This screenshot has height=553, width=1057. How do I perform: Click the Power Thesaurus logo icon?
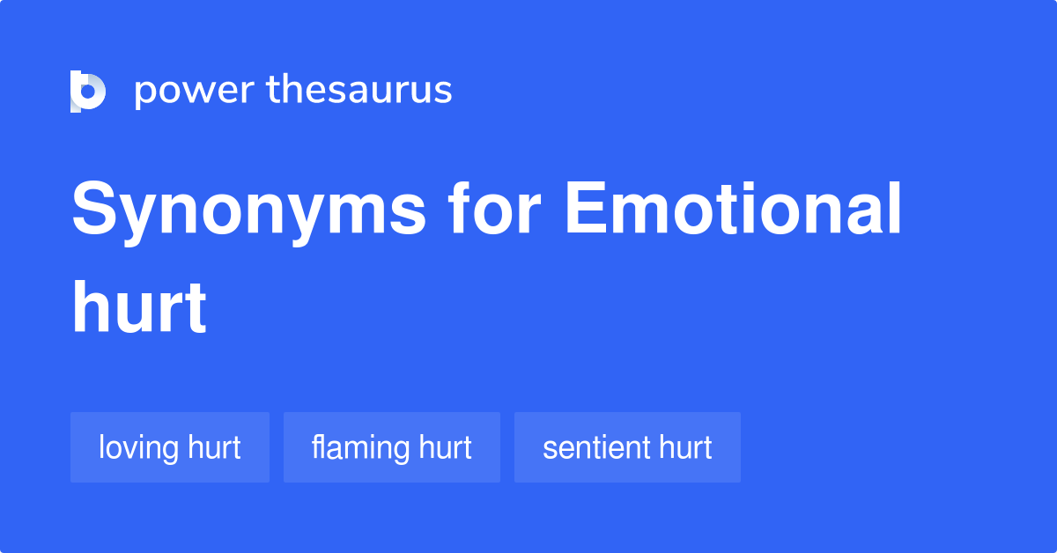(88, 92)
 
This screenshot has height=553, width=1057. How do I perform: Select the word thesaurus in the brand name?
(359, 90)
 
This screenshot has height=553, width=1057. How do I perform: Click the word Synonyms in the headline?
(248, 211)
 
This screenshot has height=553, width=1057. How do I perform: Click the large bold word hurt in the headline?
(139, 308)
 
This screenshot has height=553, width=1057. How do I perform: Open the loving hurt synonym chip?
(170, 447)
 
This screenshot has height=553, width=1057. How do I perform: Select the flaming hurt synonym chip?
(392, 447)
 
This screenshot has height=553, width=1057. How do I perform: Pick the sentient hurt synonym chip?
(627, 447)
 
